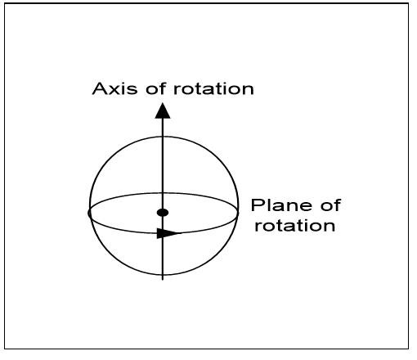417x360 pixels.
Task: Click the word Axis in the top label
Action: (x=114, y=88)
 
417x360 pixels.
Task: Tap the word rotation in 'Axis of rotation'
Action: (x=213, y=88)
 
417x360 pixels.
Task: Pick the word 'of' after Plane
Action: (x=330, y=205)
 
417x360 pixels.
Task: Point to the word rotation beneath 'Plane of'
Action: (x=295, y=226)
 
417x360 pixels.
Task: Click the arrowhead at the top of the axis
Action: (x=163, y=110)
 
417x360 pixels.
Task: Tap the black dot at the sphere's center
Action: (x=163, y=213)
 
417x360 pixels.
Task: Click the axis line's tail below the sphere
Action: (x=163, y=280)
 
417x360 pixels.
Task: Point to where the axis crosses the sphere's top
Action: (x=163, y=137)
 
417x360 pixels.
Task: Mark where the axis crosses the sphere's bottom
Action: (x=163, y=274)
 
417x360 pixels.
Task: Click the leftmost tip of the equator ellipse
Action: (x=88, y=213)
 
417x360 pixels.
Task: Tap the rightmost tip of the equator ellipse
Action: (x=239, y=212)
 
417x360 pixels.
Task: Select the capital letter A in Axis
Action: (x=100, y=88)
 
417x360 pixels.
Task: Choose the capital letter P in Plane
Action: (x=257, y=205)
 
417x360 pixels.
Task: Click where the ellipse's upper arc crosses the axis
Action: (x=163, y=193)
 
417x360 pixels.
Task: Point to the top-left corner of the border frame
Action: (x=5, y=3)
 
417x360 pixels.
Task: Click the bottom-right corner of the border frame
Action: (x=409, y=349)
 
